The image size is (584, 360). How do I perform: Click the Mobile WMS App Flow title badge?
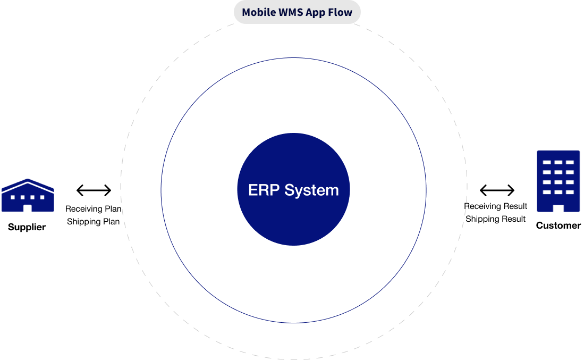pos(297,12)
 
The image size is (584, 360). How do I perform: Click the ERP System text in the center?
pos(293,190)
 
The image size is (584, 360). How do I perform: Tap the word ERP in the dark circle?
pos(264,190)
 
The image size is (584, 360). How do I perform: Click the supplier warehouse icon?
pos(28,195)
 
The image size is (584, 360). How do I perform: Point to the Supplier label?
pos(27,227)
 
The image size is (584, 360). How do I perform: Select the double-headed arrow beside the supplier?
pos(94,190)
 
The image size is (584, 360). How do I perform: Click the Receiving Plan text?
pos(94,208)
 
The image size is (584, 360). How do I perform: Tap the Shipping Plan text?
pos(93,221)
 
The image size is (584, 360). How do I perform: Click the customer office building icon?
pos(558,181)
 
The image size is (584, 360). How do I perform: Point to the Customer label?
pos(558,225)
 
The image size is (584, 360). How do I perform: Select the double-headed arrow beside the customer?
pos(497,190)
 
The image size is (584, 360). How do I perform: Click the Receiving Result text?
pos(496,206)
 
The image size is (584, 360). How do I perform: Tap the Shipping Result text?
pos(496,219)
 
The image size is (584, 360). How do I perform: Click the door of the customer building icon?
pos(558,208)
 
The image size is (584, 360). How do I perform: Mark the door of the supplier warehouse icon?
pos(28,208)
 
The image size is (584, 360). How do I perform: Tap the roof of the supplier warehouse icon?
pos(28,184)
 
